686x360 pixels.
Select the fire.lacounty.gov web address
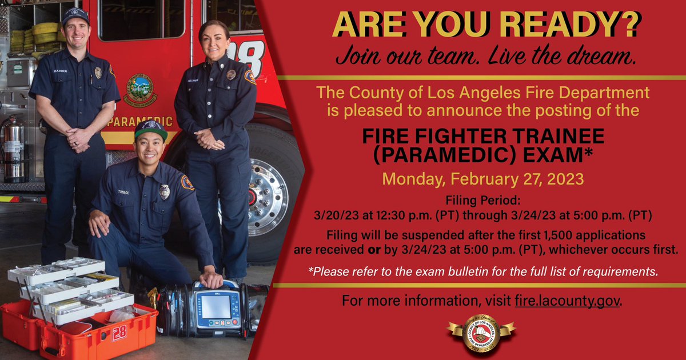point(567,301)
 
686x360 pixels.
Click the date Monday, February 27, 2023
point(482,179)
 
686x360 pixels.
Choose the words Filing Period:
point(482,200)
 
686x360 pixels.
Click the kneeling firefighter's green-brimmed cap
point(151,128)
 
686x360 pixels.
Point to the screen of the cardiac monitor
point(216,306)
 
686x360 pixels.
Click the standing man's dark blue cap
point(75,15)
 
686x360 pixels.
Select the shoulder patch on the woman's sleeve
point(250,77)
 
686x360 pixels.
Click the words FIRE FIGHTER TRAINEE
point(483,137)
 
